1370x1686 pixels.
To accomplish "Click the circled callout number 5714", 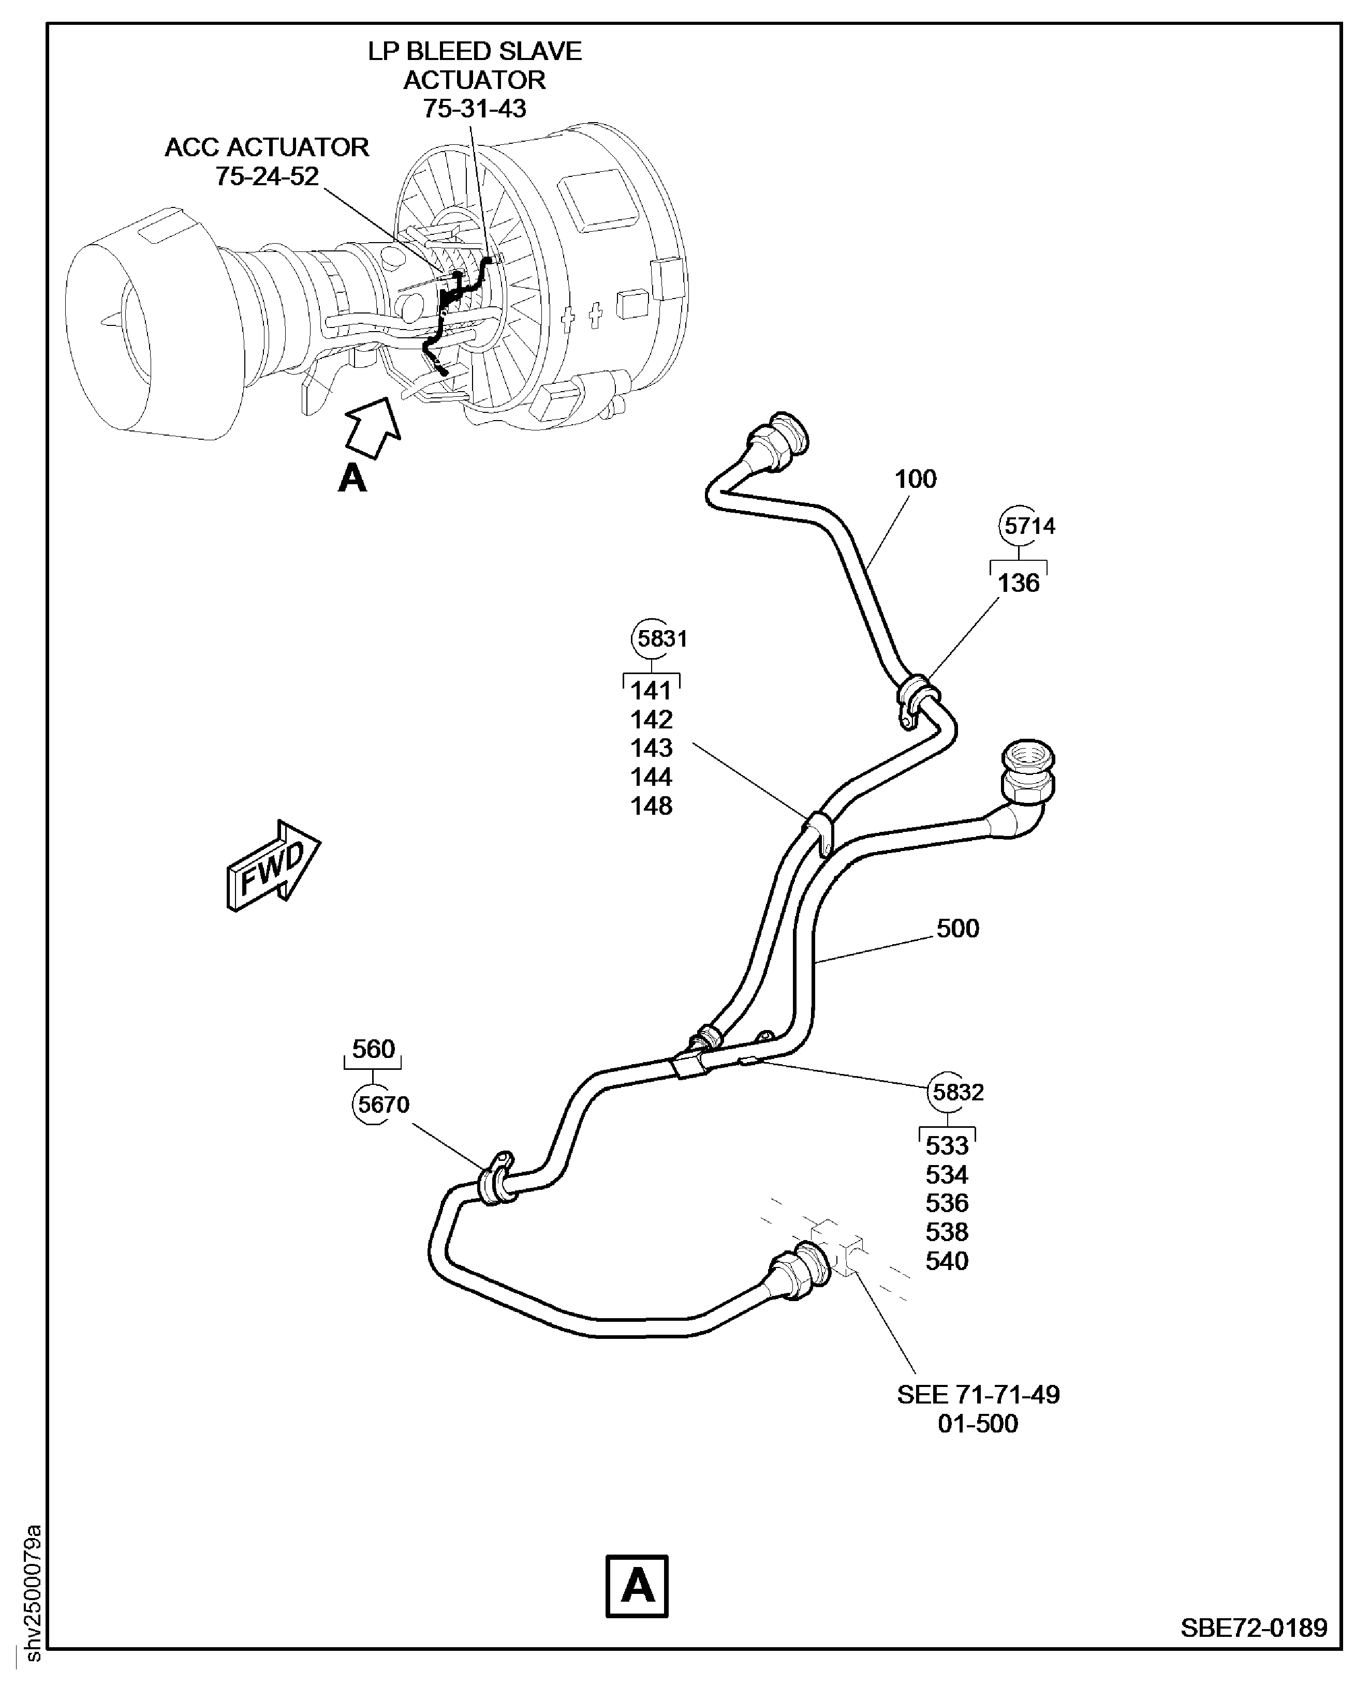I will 1029,526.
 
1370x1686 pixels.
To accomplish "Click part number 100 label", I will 916,479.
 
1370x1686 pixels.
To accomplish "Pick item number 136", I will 1018,583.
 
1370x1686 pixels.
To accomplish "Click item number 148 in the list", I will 651,805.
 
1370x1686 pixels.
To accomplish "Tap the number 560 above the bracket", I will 373,1049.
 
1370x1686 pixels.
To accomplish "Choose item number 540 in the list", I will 946,1261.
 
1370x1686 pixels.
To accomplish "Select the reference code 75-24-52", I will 267,176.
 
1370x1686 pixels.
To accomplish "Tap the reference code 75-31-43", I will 474,108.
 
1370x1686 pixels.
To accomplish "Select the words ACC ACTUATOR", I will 267,147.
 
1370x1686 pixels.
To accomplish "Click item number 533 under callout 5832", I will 946,1145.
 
